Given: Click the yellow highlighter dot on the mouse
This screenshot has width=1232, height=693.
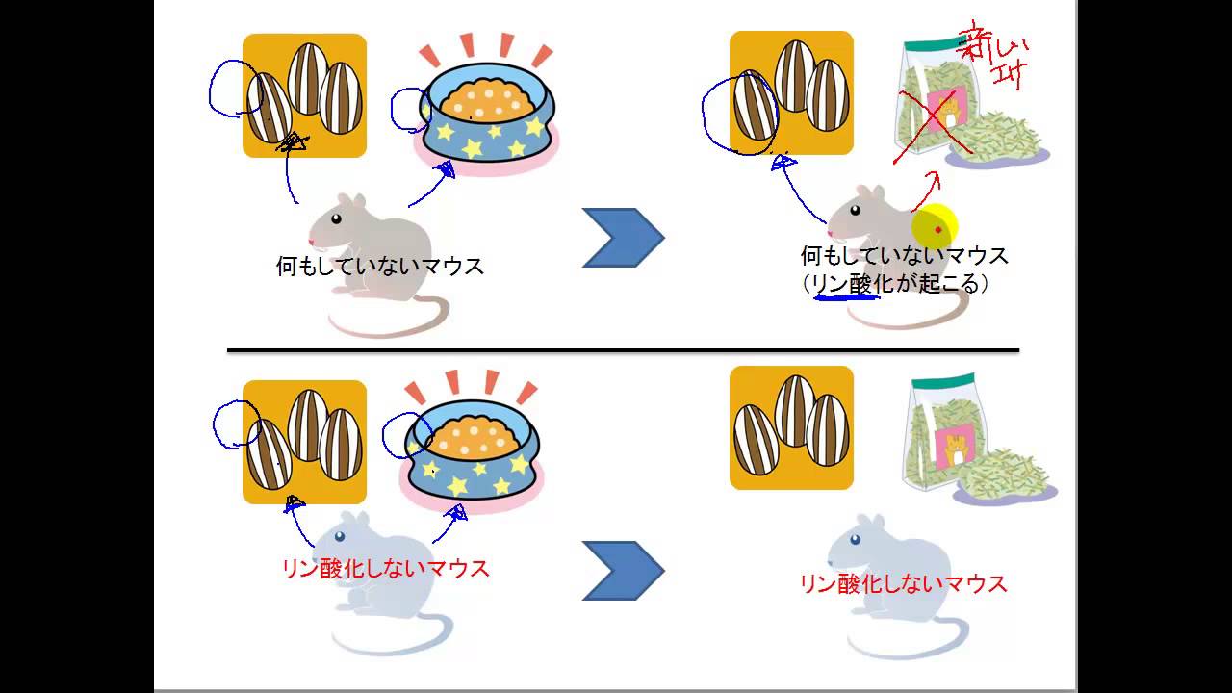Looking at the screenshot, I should click(x=934, y=229).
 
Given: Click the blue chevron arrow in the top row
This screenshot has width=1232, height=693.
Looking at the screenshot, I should click(x=623, y=237).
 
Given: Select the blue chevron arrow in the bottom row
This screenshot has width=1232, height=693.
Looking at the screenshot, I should click(x=623, y=571).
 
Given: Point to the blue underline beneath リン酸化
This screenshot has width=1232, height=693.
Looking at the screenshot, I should click(x=846, y=295).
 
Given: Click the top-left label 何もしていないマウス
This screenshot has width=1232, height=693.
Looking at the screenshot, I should click(x=379, y=267).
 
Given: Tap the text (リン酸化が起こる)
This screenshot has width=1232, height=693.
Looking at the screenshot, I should click(x=896, y=283).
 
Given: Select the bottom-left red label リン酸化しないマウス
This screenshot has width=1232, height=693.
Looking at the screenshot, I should click(x=385, y=568).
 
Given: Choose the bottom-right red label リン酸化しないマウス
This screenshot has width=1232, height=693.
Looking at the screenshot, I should click(x=903, y=583).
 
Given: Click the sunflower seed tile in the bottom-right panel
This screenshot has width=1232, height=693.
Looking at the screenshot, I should click(x=791, y=427).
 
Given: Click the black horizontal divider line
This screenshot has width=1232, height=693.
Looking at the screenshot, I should click(x=622, y=350).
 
